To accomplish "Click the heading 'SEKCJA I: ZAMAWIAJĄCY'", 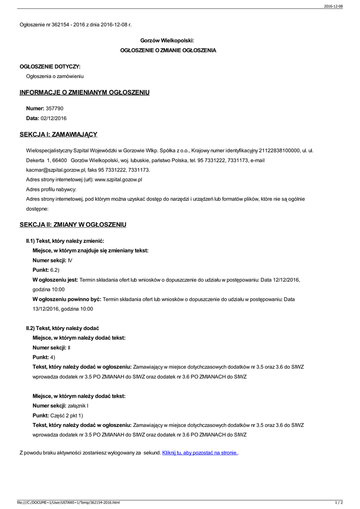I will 58,134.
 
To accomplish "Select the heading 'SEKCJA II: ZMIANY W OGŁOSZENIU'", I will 73,225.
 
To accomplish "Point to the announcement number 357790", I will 54,108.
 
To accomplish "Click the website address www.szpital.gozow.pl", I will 118,179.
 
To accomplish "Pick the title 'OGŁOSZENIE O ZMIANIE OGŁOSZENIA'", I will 169,50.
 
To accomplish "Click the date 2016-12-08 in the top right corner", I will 333,6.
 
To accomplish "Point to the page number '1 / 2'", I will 339,503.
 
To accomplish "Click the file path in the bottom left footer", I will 68,503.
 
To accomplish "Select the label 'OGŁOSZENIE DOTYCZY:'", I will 50,66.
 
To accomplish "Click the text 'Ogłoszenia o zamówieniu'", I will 55,76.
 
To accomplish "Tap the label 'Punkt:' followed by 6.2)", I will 41,269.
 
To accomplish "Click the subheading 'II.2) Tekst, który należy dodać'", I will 63,328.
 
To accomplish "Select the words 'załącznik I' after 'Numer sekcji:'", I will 78,406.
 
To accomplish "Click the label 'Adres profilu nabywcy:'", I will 51,189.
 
